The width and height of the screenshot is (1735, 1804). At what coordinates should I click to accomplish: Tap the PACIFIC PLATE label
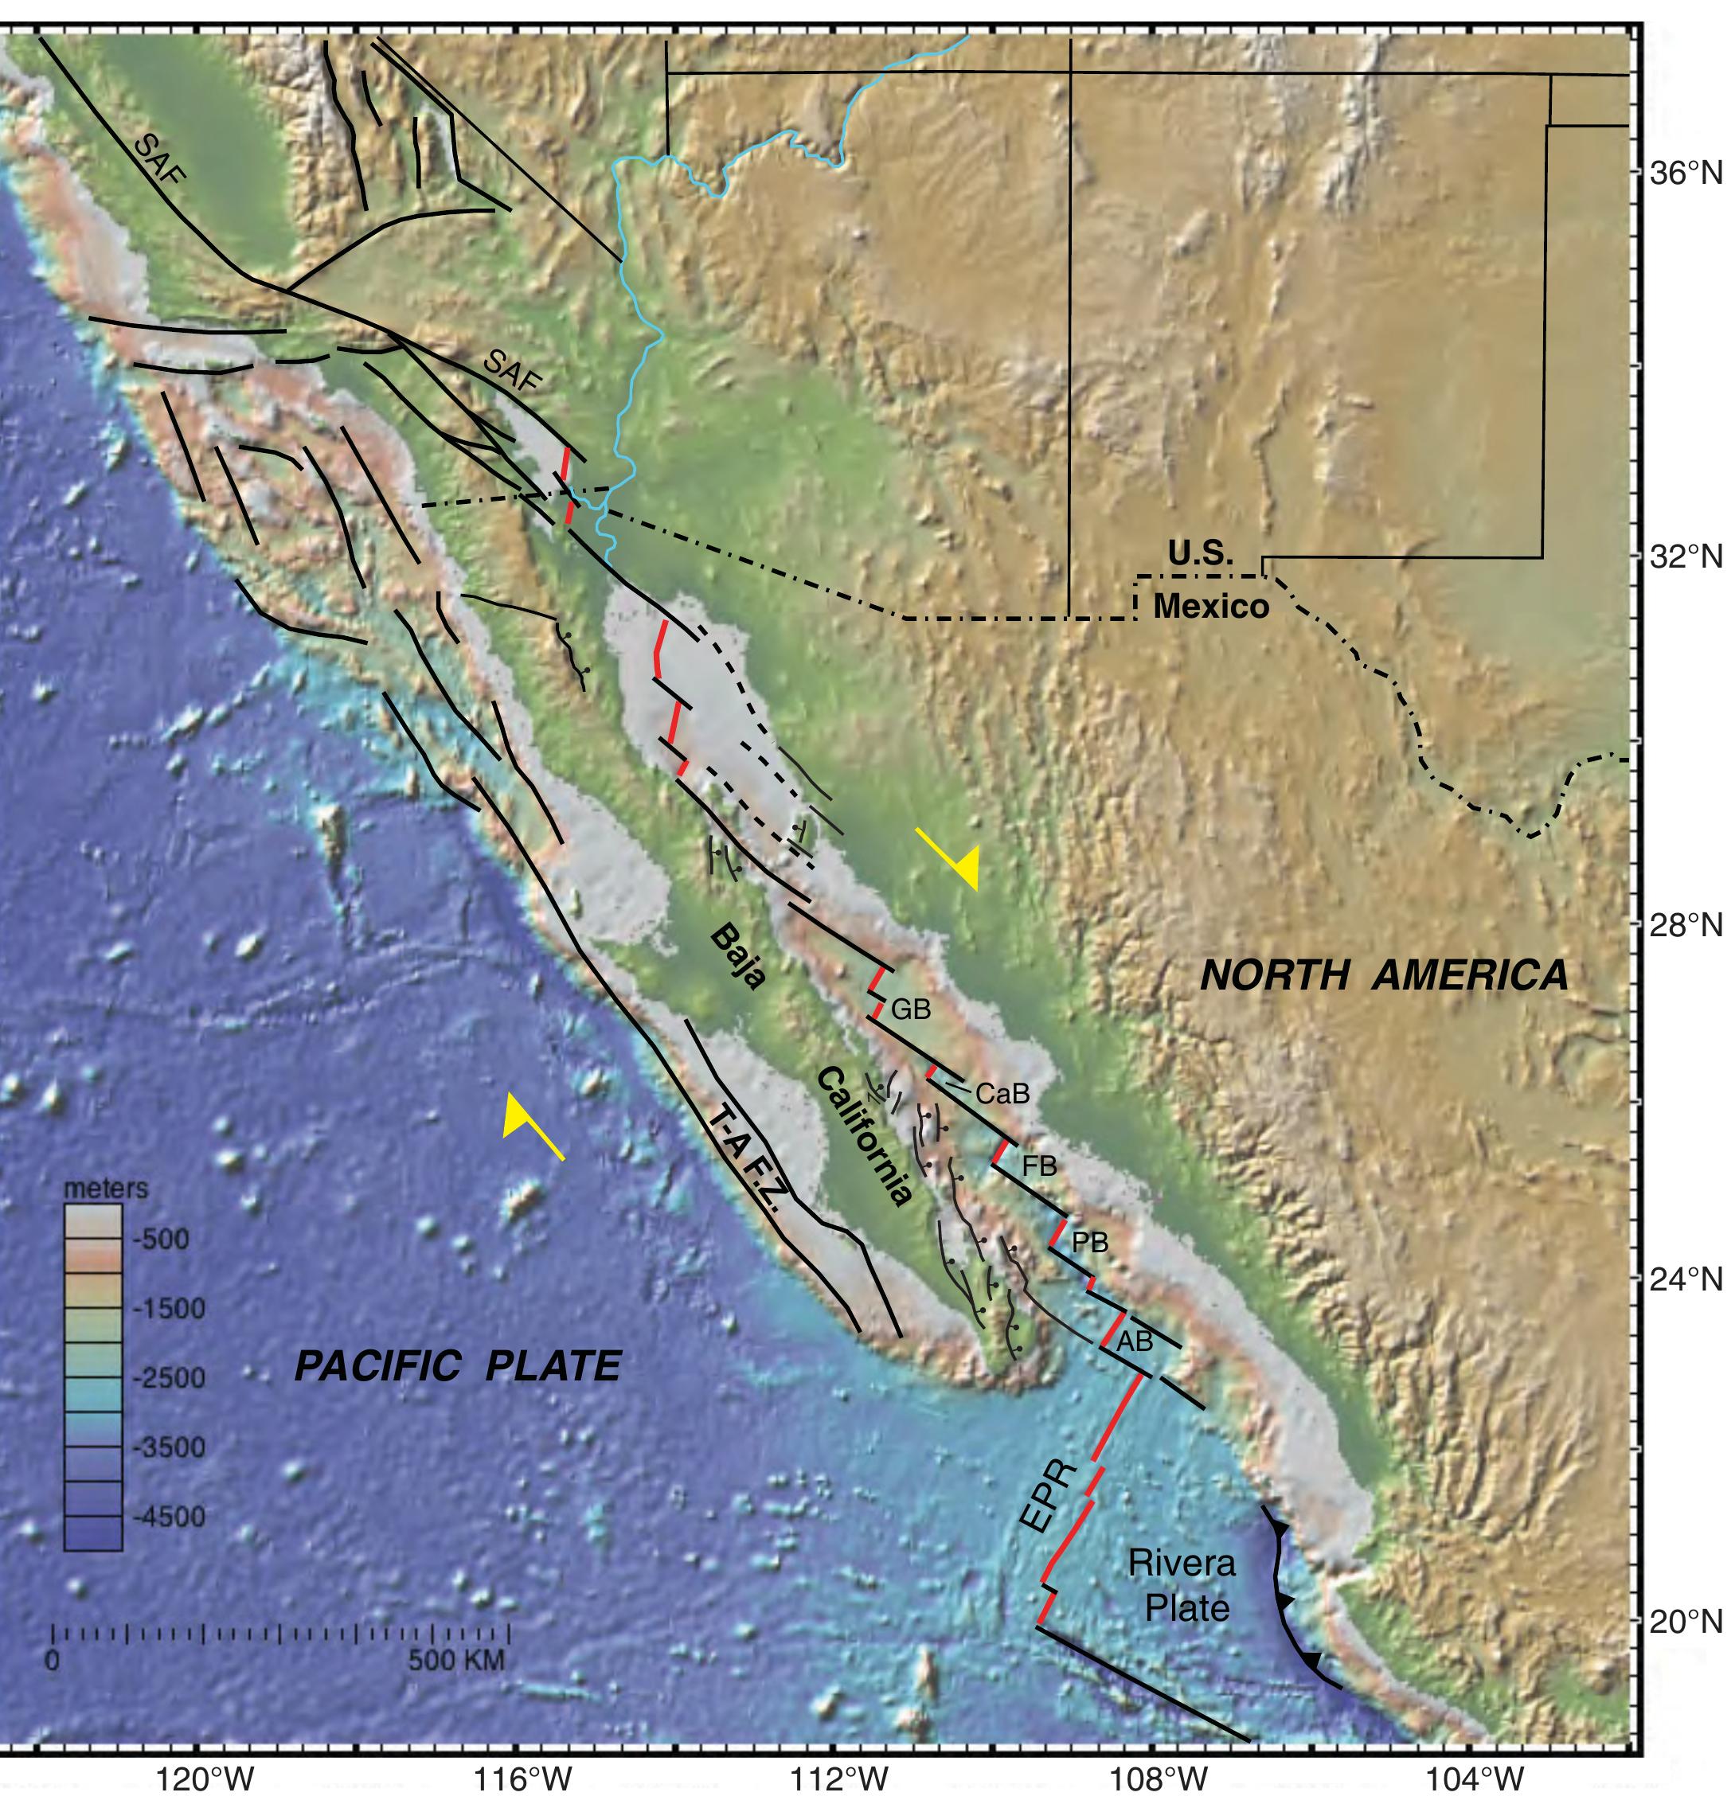[458, 1367]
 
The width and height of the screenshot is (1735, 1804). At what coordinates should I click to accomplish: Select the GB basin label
[910, 1009]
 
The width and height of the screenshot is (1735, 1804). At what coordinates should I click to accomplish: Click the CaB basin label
[1002, 1095]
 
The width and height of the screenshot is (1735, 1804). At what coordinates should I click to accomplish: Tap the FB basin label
[1039, 1167]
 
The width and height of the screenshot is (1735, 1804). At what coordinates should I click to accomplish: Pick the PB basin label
[1090, 1244]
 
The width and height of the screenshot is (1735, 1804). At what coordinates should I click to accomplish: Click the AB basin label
[1134, 1343]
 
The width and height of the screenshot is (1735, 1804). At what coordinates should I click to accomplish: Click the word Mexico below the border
[1211, 607]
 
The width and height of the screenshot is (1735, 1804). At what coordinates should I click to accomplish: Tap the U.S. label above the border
[1200, 553]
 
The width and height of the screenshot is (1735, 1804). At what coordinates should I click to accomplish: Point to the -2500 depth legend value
[170, 1378]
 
